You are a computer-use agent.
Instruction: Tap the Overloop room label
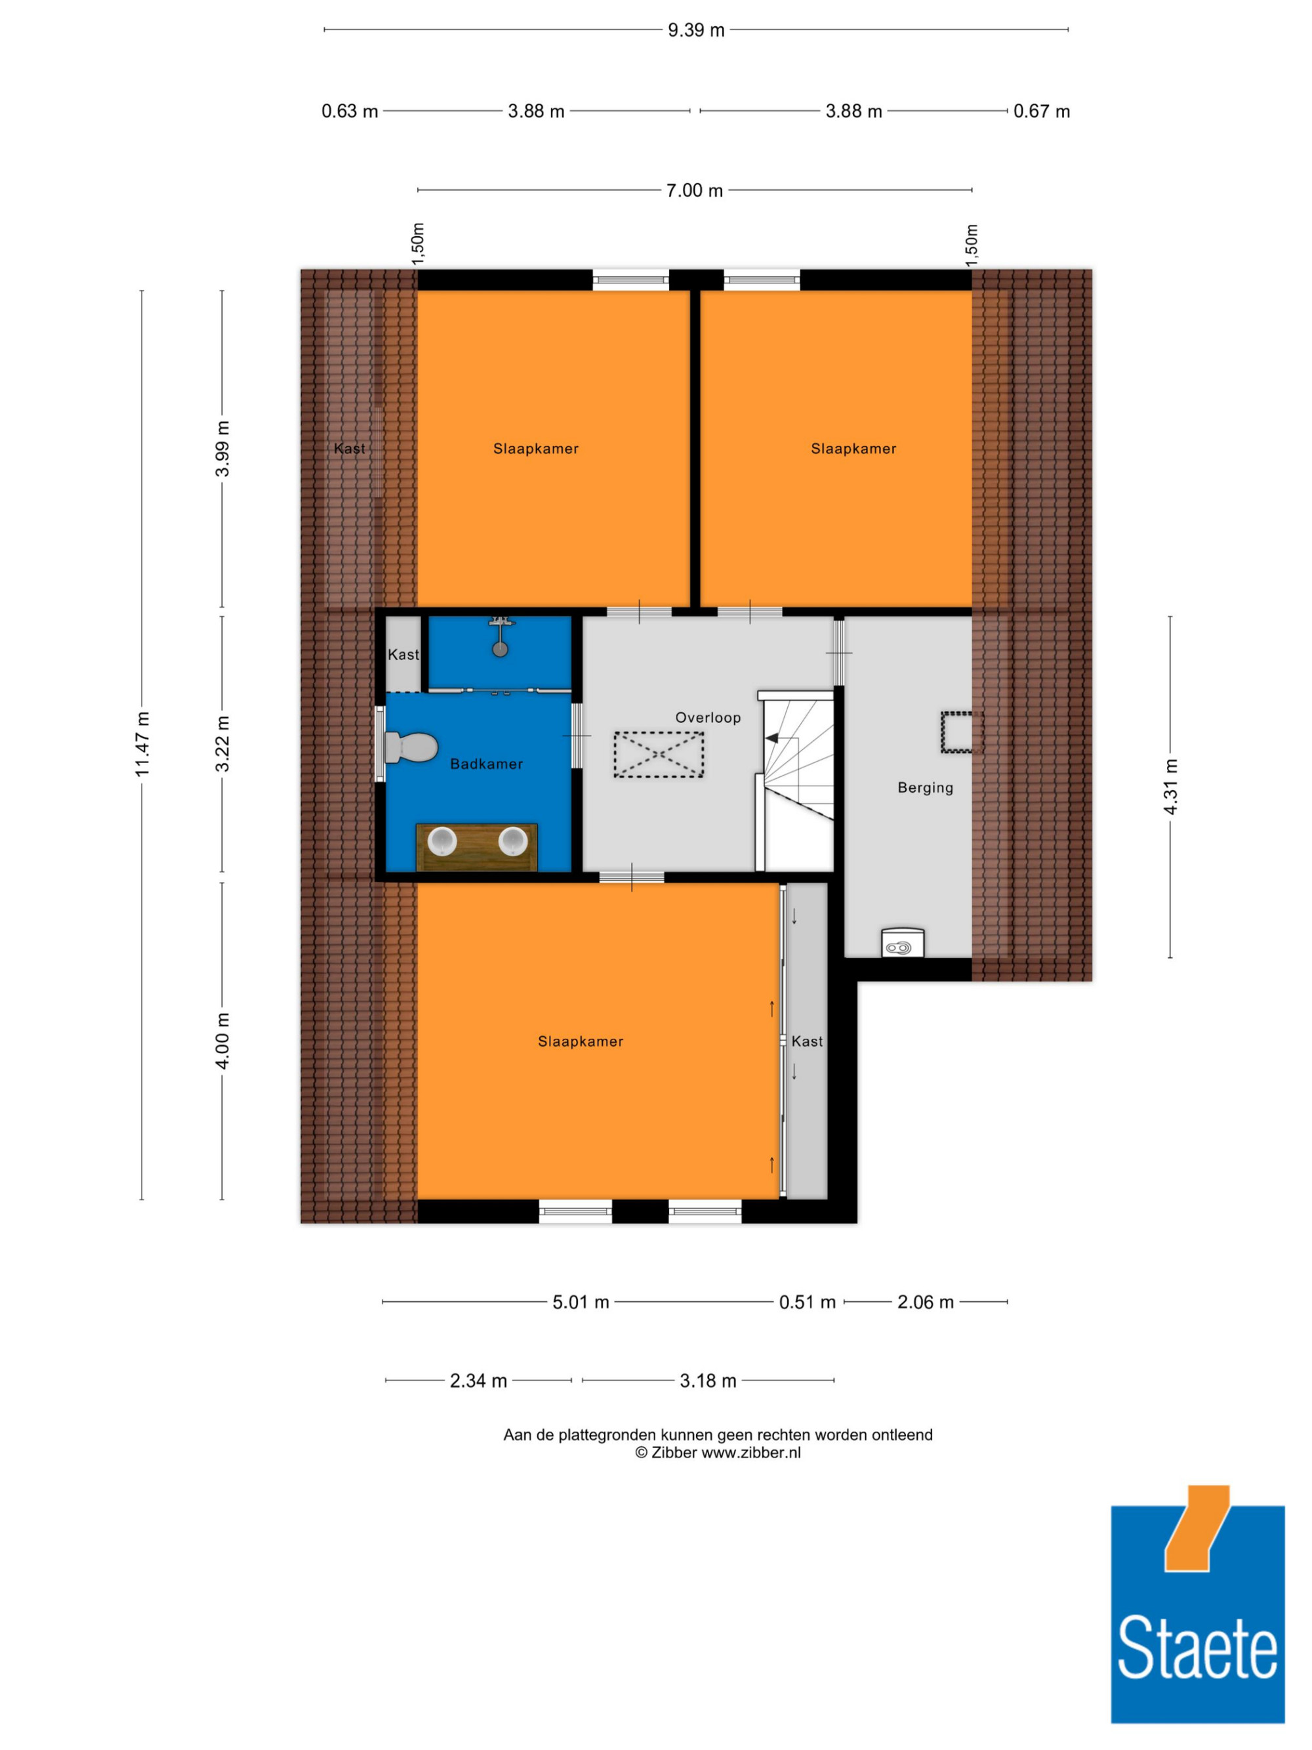coord(708,718)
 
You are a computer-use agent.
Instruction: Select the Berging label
coord(925,787)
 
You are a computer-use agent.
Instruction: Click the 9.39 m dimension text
coord(696,30)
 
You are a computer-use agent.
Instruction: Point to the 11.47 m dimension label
coord(142,743)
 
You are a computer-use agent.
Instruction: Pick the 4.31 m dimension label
coord(1171,786)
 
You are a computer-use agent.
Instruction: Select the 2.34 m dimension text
coord(478,1381)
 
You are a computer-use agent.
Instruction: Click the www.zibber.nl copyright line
coord(718,1453)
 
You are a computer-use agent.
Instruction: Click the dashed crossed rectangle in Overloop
coord(659,754)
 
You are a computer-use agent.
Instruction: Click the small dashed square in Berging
coord(962,732)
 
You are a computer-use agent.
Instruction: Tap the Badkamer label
coord(486,763)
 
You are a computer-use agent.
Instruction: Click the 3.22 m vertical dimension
coord(223,743)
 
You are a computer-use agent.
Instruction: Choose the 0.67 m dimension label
coord(1042,112)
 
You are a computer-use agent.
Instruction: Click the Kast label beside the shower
coord(403,654)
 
